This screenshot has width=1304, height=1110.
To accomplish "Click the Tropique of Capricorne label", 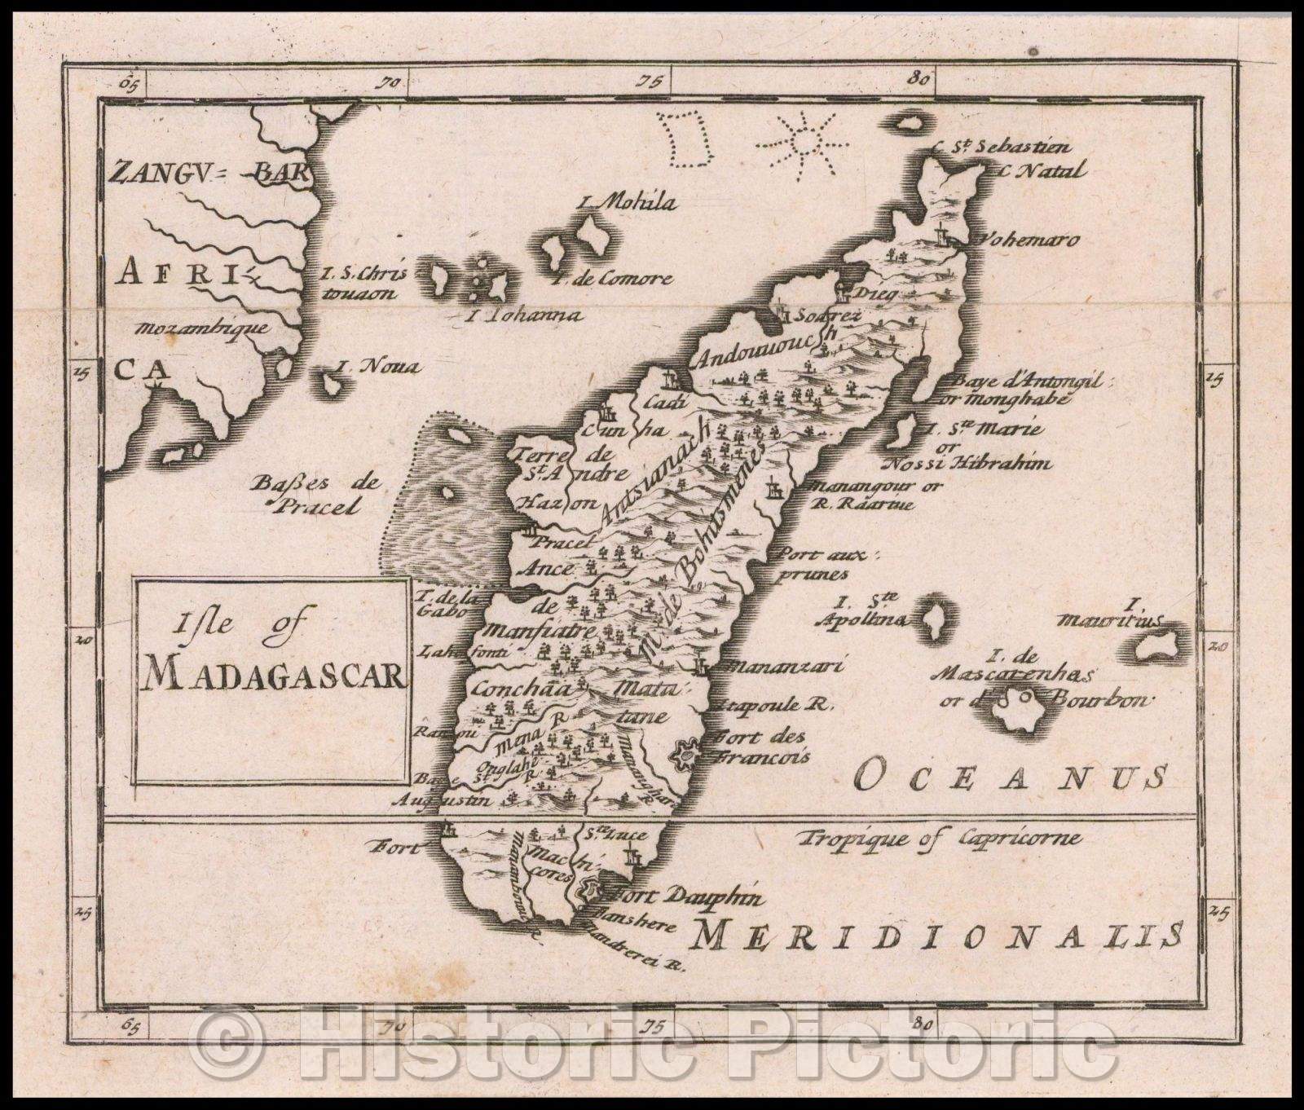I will pyautogui.click(x=940, y=837).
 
